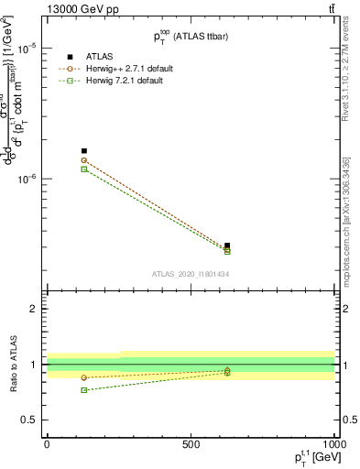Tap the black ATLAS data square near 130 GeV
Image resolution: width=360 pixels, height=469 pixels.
tap(84, 151)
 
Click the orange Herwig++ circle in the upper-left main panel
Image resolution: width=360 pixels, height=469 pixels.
tap(84, 160)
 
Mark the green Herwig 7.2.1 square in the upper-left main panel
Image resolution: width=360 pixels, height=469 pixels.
tap(84, 169)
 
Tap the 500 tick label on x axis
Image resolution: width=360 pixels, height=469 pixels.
tap(191, 443)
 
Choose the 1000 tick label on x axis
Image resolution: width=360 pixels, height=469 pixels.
tap(332, 443)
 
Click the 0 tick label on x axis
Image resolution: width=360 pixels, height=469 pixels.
tap(47, 443)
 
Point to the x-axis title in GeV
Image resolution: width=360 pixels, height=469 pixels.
tap(311, 457)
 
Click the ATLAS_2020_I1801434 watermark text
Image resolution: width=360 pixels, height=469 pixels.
tap(190, 274)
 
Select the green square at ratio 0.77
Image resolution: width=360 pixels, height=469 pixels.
tap(84, 390)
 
